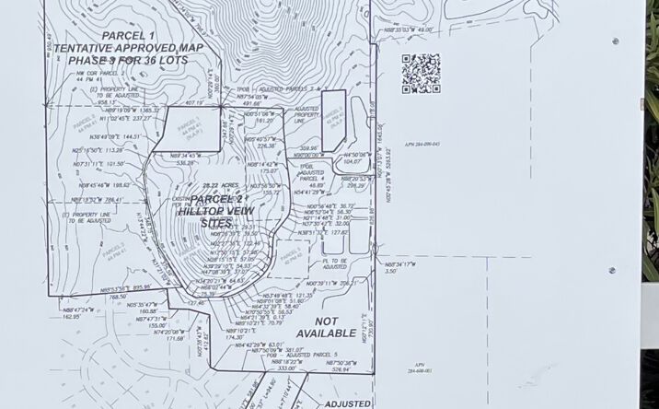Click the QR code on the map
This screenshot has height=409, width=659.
pyautogui.click(x=420, y=73)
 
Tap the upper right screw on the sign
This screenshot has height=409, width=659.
pyautogui.click(x=614, y=41)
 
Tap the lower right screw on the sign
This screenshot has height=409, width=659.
pyautogui.click(x=612, y=271)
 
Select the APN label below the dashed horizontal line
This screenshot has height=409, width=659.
pyautogui.click(x=419, y=371)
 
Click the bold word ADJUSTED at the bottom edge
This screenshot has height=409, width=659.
pyautogui.click(x=347, y=403)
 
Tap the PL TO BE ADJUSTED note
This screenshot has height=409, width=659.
pyautogui.click(x=320, y=263)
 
